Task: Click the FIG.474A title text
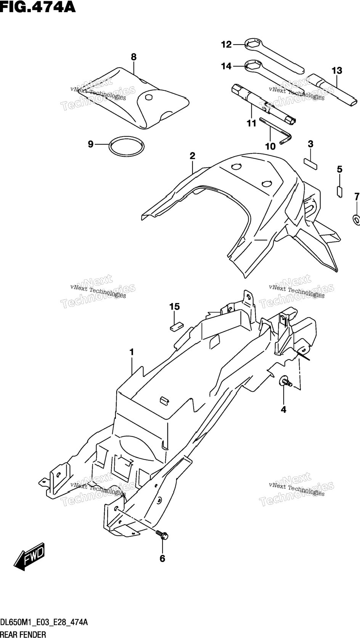38,7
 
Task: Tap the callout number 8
134,57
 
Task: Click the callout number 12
227,44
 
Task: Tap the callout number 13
337,70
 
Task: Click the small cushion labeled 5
339,191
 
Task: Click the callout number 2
192,156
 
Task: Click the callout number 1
132,352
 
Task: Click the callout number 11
252,124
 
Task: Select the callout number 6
162,559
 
